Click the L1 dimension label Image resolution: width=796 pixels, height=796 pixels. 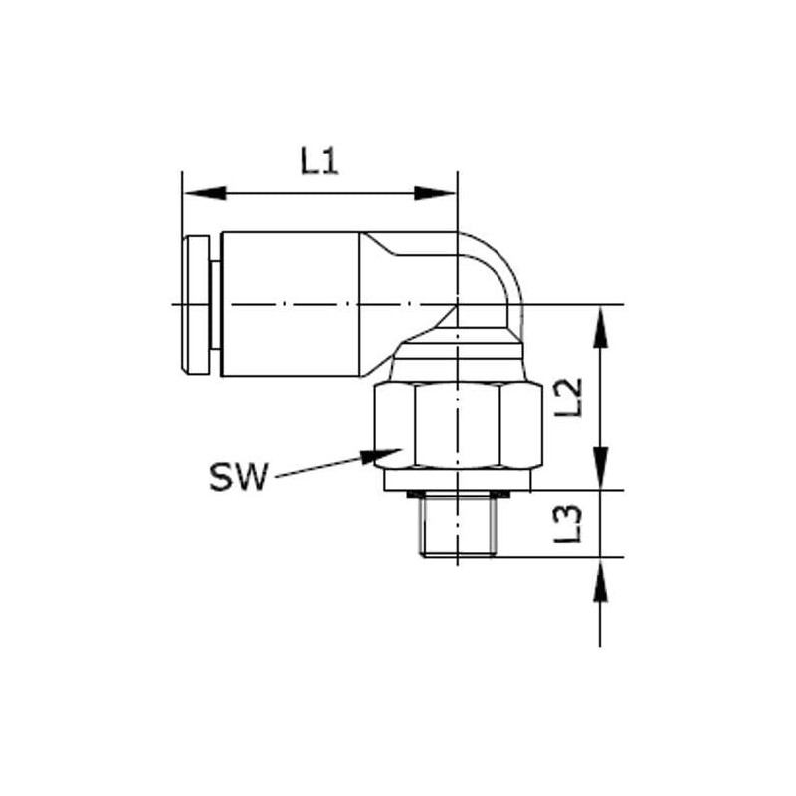(319, 161)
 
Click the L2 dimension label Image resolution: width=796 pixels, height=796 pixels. (568, 398)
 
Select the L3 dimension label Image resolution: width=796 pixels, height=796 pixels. (568, 524)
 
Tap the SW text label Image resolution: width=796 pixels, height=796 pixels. (238, 477)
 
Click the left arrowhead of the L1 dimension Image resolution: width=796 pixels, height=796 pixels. (205, 193)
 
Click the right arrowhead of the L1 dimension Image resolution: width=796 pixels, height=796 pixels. (435, 193)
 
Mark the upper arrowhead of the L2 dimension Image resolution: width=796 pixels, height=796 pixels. (601, 327)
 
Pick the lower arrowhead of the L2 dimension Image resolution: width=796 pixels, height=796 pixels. (601, 468)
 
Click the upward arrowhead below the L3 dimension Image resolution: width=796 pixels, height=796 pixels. (601, 580)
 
